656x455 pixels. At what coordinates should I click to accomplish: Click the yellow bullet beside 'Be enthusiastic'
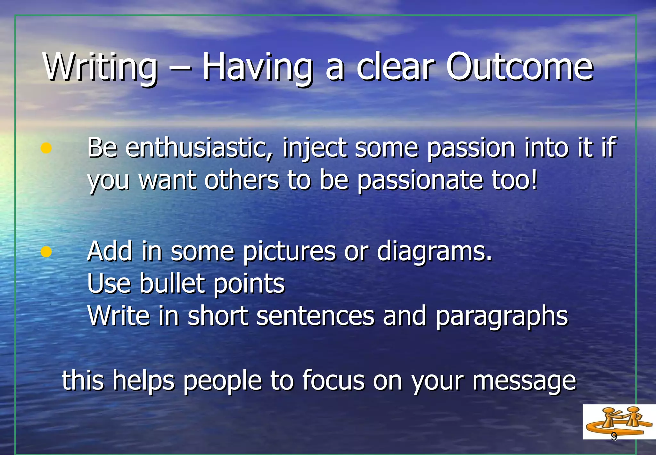(46, 148)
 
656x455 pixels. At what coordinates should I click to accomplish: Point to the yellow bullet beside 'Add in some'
(46, 252)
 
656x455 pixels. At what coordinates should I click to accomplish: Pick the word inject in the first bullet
(314, 148)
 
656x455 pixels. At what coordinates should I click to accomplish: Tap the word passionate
(420, 180)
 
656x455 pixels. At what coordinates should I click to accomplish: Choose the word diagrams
(434, 252)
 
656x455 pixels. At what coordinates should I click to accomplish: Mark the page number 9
(614, 436)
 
